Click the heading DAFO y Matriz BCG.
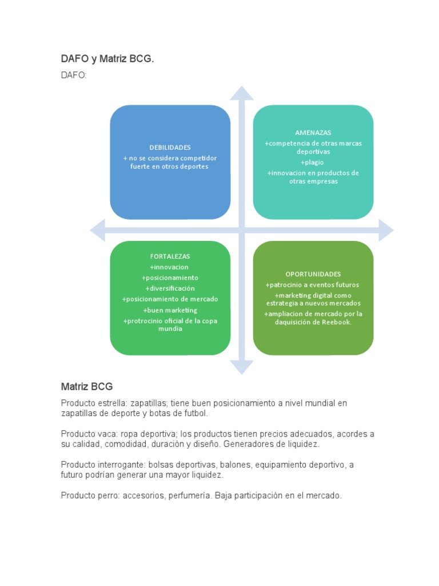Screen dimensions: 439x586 pos(107,59)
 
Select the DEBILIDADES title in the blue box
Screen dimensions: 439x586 pos(170,148)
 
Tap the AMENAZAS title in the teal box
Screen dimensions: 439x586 pos(313,133)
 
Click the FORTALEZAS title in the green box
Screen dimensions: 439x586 pos(170,256)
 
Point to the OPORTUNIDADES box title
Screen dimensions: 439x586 pos(313,274)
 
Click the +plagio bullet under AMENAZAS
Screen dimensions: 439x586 pos(312,163)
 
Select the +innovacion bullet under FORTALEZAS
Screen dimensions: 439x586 pos(169,267)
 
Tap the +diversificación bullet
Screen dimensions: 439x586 pos(170,288)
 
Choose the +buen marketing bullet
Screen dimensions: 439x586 pos(170,310)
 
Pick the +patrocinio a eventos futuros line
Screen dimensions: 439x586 pos(312,285)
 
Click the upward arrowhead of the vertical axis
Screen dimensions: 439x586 pos(242,93)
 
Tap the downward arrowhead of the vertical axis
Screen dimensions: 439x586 pos(242,367)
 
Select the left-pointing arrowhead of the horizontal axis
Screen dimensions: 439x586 pos(97,230)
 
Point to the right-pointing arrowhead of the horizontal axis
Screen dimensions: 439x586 pos(386,230)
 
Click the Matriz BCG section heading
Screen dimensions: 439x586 pos(87,386)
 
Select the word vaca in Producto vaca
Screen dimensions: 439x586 pos(107,434)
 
